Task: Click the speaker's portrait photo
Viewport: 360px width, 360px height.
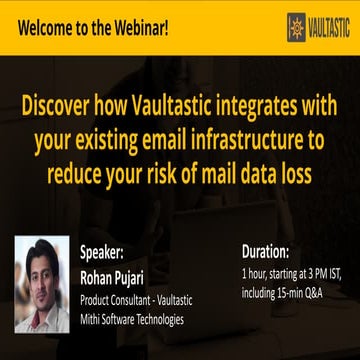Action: click(42, 283)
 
